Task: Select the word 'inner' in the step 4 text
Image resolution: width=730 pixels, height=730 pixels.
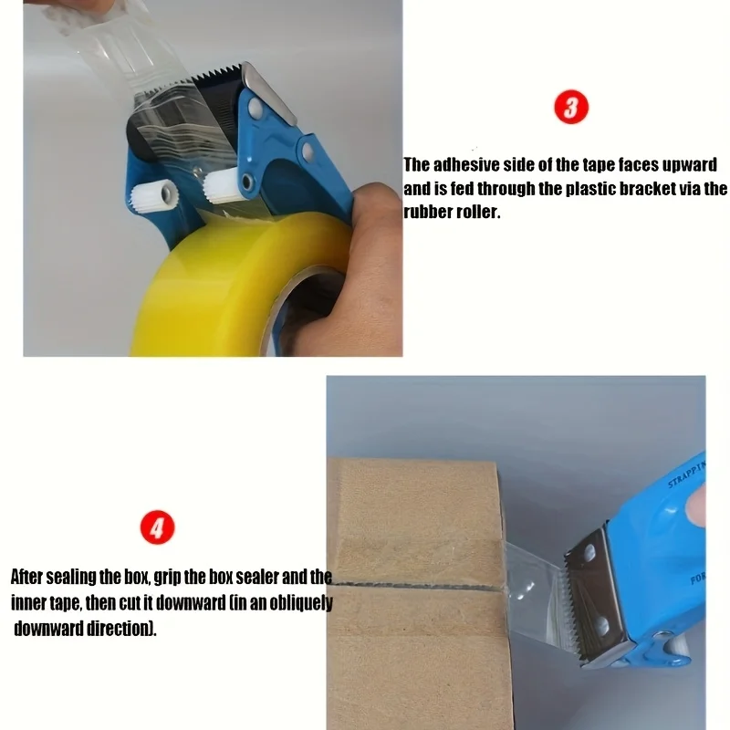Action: tap(29, 603)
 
